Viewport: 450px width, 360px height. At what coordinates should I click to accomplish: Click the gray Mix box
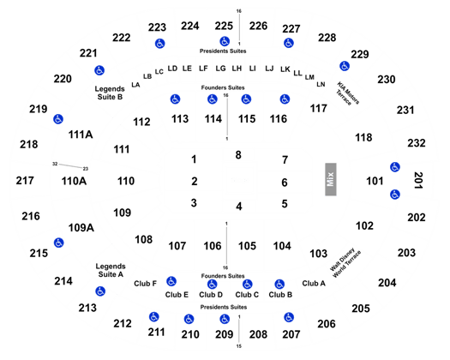[331, 179]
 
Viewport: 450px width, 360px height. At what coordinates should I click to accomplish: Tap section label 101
[375, 181]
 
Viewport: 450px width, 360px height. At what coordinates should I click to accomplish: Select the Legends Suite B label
[110, 93]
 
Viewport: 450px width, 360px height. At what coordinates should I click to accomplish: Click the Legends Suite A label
[111, 271]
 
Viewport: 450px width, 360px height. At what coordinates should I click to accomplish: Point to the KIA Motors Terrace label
[348, 93]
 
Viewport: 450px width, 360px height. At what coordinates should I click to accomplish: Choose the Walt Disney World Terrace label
[345, 263]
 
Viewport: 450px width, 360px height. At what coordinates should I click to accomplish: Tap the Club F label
[145, 284]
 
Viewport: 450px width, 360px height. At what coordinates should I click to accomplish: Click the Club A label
[314, 284]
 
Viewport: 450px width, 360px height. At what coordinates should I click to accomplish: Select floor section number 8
[238, 155]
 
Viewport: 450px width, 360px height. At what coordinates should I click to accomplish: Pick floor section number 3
[194, 203]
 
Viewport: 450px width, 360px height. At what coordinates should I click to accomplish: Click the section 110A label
[74, 181]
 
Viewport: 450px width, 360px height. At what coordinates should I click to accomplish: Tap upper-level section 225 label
[224, 26]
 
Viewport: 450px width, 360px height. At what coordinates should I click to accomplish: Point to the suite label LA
[135, 85]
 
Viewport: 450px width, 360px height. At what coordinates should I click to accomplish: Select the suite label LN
[321, 84]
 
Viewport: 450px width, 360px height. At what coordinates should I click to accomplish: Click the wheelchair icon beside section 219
[58, 119]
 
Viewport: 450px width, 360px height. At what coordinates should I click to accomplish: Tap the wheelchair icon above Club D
[212, 285]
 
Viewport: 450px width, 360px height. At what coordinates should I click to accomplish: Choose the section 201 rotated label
[418, 180]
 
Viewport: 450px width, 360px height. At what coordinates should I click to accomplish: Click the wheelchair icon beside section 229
[345, 66]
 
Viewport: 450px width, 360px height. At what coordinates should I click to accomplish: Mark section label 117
[319, 109]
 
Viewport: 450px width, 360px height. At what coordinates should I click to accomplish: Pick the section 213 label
[87, 308]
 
